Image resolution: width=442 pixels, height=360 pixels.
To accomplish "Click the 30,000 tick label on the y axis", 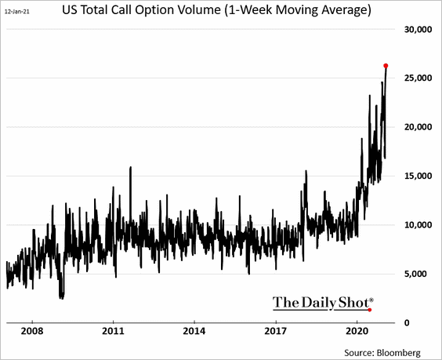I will [417, 30].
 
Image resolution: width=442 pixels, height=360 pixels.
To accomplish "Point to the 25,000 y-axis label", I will [417, 78].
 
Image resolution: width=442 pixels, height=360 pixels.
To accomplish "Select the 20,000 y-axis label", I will [417, 127].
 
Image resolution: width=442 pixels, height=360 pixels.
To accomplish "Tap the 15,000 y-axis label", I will [417, 176].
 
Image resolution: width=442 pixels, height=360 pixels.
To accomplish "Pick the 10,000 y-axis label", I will [417, 225].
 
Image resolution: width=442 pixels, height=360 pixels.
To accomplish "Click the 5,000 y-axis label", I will [419, 274].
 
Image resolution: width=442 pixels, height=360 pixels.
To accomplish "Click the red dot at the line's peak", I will [386, 65].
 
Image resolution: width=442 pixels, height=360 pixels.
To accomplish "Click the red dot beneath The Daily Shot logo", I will [370, 310].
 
